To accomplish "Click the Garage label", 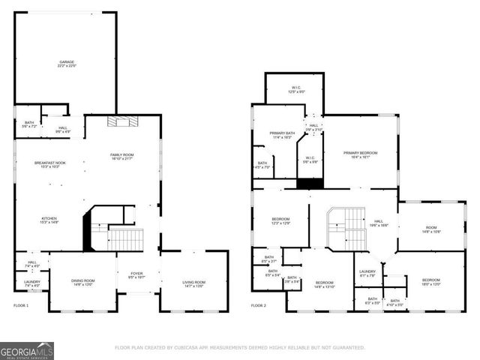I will (x=67, y=64).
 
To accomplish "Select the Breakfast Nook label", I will (x=49, y=164).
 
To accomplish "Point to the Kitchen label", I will (x=49, y=220).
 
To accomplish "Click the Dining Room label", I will (x=83, y=283).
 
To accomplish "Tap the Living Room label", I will (x=193, y=283).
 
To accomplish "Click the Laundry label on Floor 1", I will (x=32, y=283).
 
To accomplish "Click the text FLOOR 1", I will (x=21, y=305).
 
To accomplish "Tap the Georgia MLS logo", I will (x=27, y=350).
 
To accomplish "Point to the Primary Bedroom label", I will (x=360, y=154).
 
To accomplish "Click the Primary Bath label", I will (x=282, y=135).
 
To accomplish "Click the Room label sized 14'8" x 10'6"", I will (x=430, y=229).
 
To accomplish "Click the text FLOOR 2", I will (x=258, y=305).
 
